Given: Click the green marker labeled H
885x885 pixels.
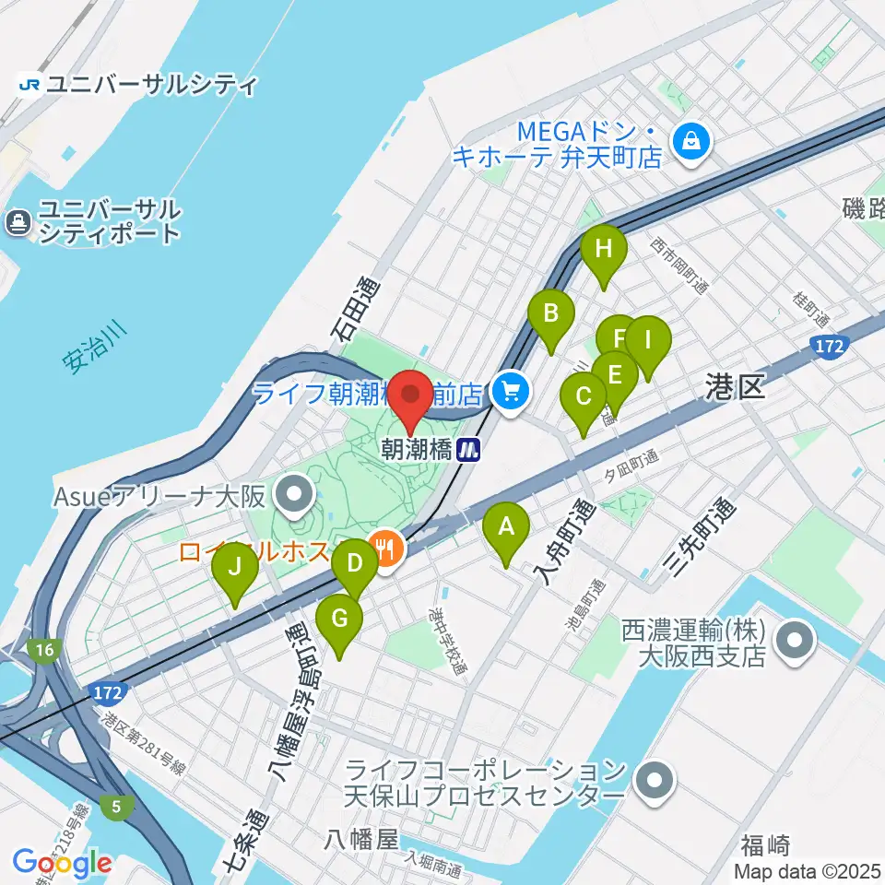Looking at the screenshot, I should coord(604,249).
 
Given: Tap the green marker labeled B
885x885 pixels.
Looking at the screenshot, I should coord(550,313).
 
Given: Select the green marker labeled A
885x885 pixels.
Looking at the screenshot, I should coord(506,527).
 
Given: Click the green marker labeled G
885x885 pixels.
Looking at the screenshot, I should coord(339,619).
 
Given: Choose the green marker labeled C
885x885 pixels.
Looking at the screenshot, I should coord(584,397).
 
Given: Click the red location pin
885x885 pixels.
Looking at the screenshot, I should coord(409,397).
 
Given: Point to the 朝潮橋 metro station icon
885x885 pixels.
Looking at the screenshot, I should coord(470,450).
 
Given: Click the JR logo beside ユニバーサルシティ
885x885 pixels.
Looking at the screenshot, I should coord(29,85).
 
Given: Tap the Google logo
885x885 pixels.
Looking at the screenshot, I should coord(63,864).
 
